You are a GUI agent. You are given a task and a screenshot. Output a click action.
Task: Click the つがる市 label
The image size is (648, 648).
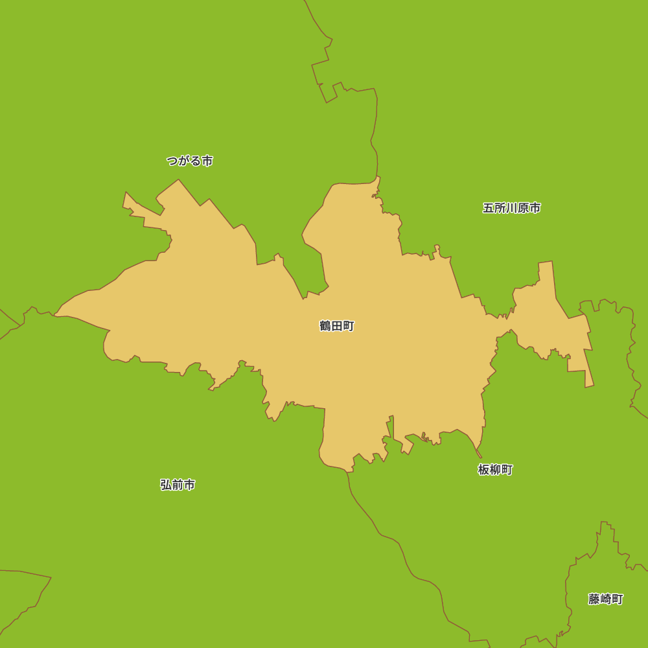189,161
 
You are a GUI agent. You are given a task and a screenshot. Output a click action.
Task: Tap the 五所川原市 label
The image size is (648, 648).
511,208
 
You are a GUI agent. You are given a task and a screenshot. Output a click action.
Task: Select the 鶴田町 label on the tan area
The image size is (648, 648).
337,326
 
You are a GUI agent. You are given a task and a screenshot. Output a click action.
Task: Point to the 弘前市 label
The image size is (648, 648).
178,485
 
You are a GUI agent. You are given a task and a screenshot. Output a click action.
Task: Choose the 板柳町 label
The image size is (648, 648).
495,470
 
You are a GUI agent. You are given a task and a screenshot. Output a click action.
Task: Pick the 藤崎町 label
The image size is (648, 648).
605,599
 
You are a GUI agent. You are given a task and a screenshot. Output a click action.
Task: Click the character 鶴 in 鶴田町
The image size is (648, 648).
325,326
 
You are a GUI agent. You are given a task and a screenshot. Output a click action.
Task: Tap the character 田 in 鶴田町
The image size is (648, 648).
337,326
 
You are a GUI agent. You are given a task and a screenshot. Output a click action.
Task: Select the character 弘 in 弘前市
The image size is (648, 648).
166,485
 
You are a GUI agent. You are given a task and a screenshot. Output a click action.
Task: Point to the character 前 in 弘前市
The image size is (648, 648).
178,485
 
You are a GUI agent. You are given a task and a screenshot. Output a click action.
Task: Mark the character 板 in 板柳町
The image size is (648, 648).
483,470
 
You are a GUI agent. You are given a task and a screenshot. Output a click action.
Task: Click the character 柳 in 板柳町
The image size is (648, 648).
495,470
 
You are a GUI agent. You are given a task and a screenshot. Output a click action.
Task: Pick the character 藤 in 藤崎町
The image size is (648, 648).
594,599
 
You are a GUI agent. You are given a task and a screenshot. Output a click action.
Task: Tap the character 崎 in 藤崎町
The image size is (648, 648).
606,599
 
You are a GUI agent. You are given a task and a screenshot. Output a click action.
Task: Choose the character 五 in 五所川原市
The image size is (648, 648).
489,208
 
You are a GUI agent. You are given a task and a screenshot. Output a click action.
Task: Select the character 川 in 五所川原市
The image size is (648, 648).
512,208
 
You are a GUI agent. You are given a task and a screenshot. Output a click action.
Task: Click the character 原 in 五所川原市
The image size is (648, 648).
524,208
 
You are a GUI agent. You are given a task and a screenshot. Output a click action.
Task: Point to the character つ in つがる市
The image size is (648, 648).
172,161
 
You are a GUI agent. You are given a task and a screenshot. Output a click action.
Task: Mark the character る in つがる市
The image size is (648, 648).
195,161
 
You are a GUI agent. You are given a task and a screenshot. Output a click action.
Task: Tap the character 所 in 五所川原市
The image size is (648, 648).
500,208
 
